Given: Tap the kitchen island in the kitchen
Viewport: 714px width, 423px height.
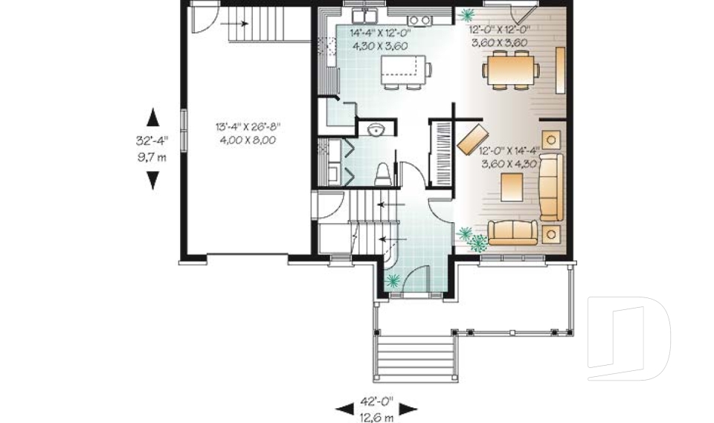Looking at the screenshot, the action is [403, 66].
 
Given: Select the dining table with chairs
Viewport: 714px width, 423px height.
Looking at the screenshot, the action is [511, 70].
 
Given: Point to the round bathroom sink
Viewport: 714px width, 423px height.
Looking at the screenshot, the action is [376, 129].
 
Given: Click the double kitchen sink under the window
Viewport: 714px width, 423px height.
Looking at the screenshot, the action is [365, 16].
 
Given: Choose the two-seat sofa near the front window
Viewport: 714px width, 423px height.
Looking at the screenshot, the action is [512, 232].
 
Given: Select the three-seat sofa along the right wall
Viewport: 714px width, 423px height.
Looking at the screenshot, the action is [551, 187].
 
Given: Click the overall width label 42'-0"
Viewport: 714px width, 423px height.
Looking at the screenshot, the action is [376, 401].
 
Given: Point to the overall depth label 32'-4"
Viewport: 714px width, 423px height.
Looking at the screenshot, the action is [152, 141].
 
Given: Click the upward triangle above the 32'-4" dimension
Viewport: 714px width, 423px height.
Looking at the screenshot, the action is [153, 117].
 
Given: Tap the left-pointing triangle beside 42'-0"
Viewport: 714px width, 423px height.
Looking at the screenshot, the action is [345, 408].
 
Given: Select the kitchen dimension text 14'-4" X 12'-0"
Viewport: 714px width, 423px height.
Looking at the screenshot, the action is [380, 33].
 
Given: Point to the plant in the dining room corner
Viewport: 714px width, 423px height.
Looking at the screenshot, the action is [466, 16].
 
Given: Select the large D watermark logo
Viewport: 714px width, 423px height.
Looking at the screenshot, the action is [628, 338].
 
